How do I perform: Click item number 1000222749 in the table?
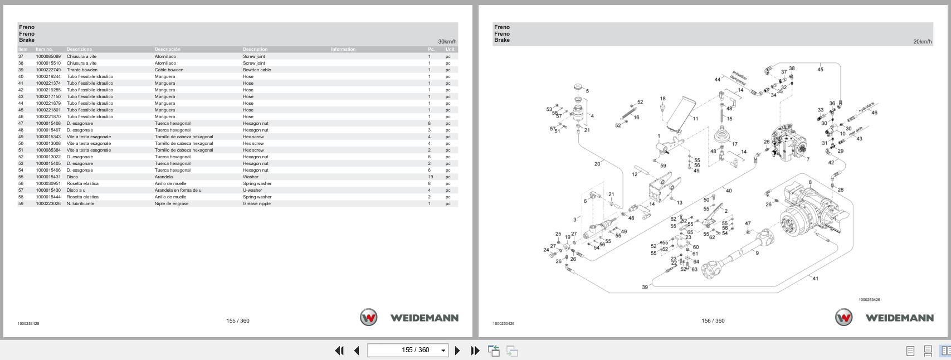(x=48, y=70)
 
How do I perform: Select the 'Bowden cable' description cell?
(x=257, y=70)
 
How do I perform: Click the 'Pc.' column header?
(x=431, y=49)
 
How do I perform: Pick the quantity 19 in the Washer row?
(x=430, y=177)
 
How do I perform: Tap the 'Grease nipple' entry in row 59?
(x=257, y=203)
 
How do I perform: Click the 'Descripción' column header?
(x=167, y=49)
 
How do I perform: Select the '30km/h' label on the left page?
(x=447, y=42)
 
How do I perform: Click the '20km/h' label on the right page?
(x=922, y=42)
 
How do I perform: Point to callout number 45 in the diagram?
(x=820, y=70)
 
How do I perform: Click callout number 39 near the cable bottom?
(x=645, y=287)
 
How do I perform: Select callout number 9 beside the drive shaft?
(x=757, y=253)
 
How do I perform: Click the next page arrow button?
(x=457, y=351)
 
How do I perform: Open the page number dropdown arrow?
(x=443, y=351)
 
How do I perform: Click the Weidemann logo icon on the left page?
(x=368, y=318)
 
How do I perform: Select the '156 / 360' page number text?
(x=713, y=320)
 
